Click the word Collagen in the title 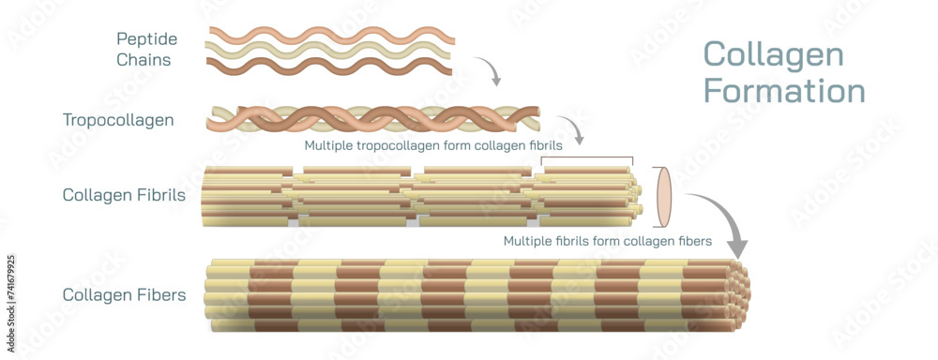pos(773,54)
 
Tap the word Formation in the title pos(784,91)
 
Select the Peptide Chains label pos(147,49)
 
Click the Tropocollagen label pos(118,120)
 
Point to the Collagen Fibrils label pos(124,195)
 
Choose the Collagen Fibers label pos(124,294)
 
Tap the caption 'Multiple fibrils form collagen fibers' pos(607,241)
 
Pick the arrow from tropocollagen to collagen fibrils pos(571,130)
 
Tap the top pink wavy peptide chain pos(330,35)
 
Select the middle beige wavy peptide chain pos(330,51)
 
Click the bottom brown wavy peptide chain pos(330,66)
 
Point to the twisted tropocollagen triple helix pos(375,119)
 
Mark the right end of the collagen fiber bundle pos(737,295)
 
